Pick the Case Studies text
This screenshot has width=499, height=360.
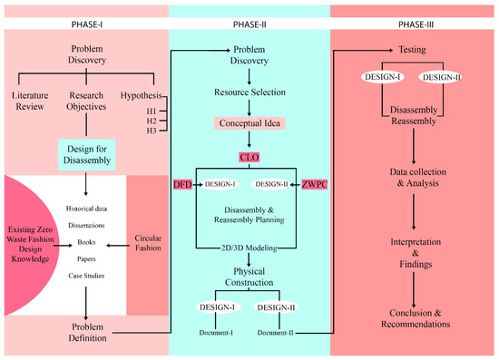click(x=85, y=277)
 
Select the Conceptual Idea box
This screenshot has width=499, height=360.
click(x=249, y=122)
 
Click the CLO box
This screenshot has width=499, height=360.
click(x=249, y=157)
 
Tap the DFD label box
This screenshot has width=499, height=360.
click(x=182, y=184)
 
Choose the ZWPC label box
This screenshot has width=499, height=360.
click(x=313, y=184)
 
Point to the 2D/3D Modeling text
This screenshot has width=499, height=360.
click(x=249, y=247)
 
